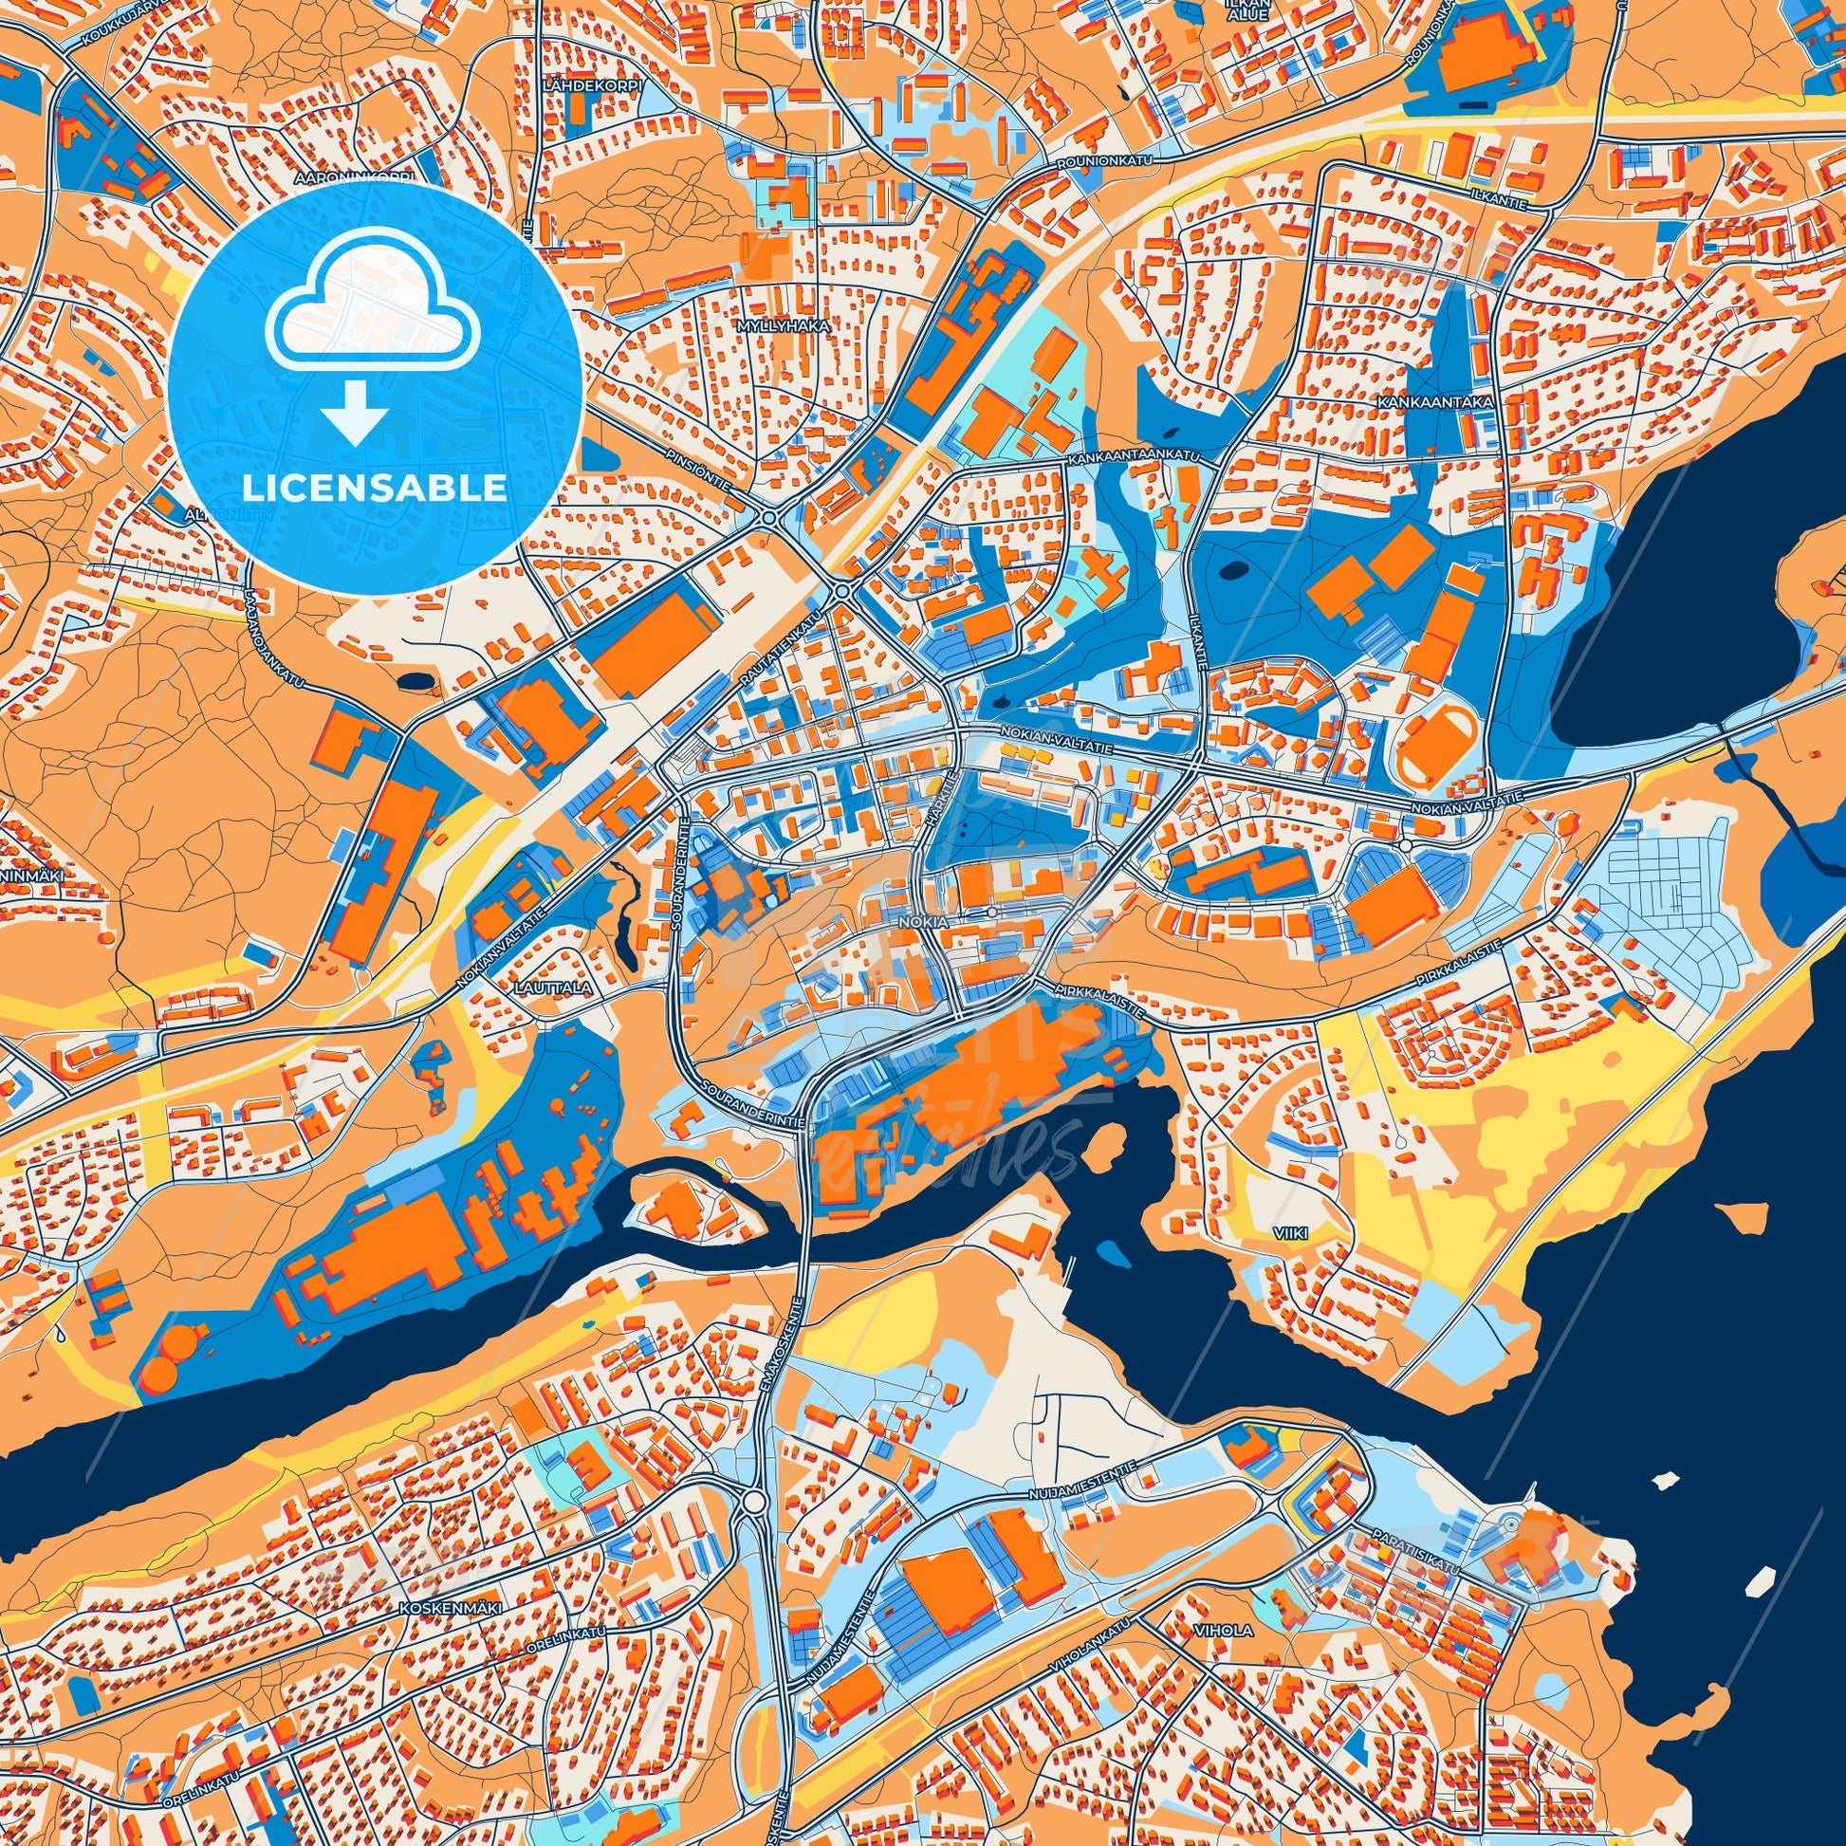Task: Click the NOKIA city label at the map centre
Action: (x=923, y=923)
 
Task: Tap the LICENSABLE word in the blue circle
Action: (x=374, y=488)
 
